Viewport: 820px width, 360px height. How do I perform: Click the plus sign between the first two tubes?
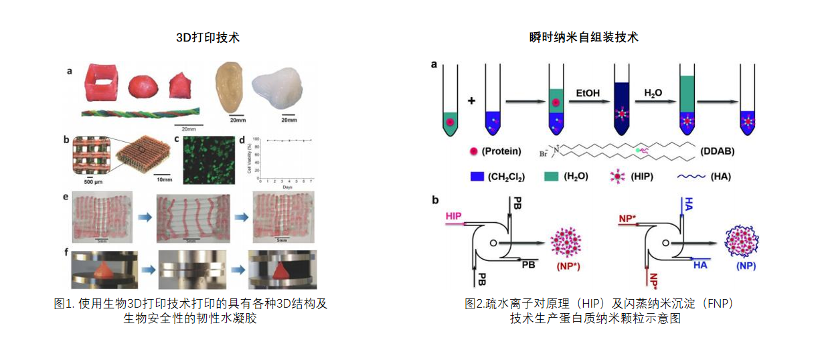tap(471, 101)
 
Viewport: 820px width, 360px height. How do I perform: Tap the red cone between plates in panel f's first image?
tap(104, 268)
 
